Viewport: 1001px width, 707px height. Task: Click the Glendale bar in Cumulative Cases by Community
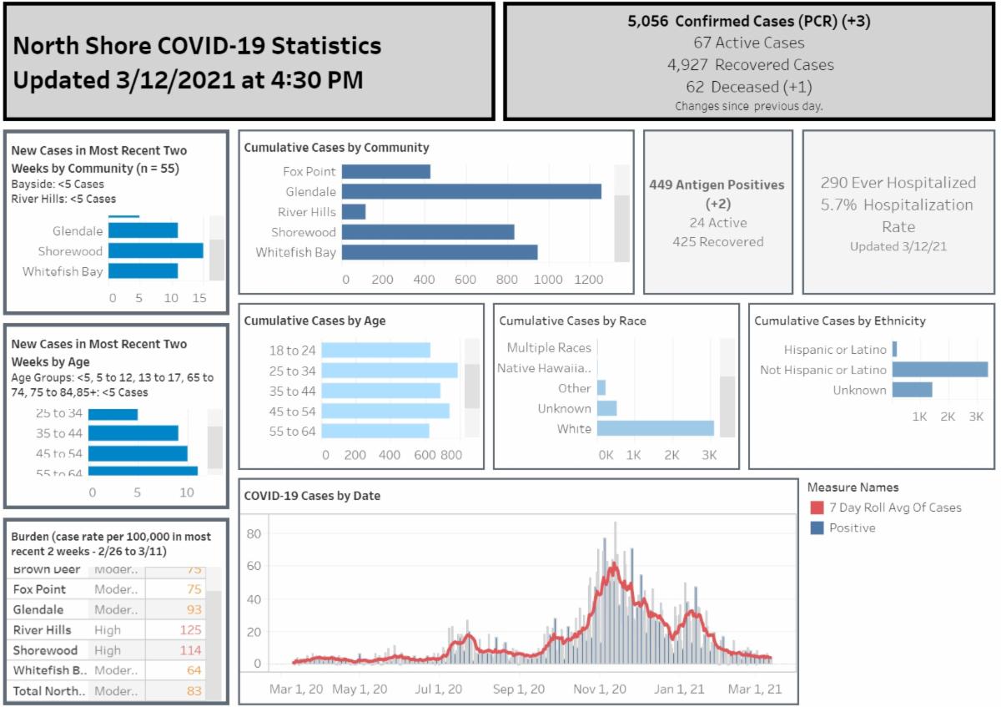coord(471,191)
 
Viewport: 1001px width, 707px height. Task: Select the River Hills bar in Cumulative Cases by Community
coord(354,212)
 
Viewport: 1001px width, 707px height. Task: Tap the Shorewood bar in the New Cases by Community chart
coord(156,250)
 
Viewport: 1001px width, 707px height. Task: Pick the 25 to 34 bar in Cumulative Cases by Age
coord(390,371)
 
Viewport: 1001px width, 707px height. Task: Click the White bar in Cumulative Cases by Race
coord(656,429)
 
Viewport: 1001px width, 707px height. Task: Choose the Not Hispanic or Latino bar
coord(940,370)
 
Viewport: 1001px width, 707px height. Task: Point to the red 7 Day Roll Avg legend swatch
coord(817,508)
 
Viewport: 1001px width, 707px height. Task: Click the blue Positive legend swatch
coord(817,528)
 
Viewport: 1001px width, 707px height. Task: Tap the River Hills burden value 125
coord(191,630)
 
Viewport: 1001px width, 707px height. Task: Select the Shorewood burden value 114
coord(191,650)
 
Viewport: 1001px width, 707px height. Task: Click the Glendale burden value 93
coord(194,610)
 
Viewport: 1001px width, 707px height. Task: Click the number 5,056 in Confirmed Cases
coord(648,22)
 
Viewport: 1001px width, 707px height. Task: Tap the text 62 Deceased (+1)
coord(749,87)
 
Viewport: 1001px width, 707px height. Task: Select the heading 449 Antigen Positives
coord(717,184)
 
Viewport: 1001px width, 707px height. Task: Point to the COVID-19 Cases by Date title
coord(312,496)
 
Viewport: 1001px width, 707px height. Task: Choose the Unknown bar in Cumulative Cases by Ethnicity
coord(912,390)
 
